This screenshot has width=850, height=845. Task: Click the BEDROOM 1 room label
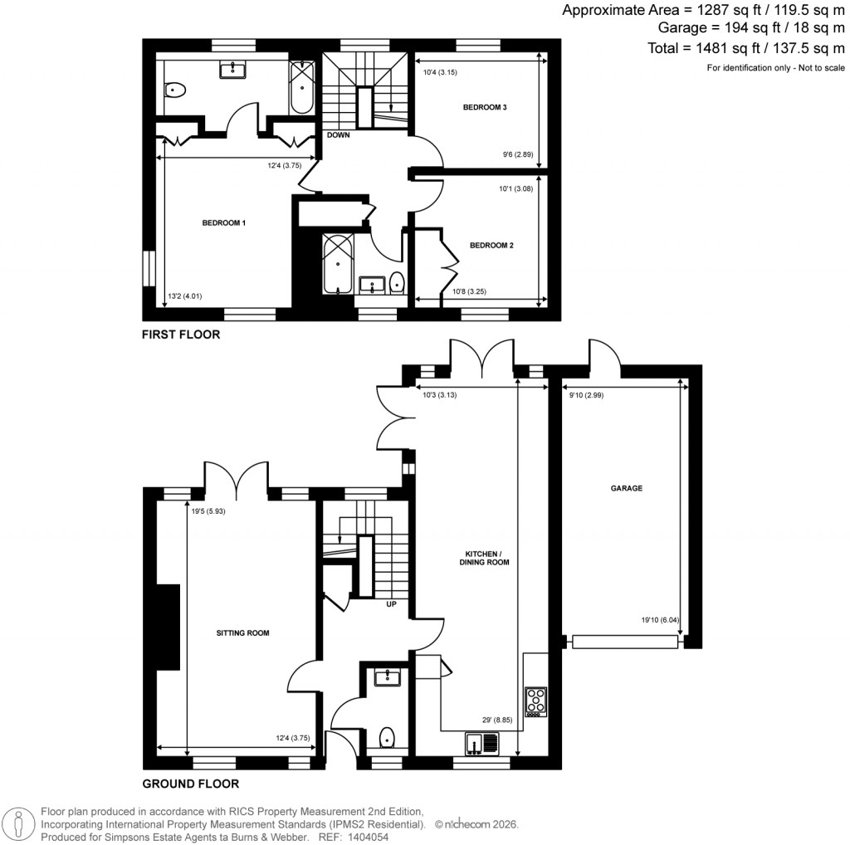[223, 222]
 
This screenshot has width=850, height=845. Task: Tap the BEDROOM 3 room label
[485, 107]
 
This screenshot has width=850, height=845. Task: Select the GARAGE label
[627, 489]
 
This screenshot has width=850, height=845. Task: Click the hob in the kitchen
[535, 701]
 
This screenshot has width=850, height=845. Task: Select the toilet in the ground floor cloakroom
[386, 737]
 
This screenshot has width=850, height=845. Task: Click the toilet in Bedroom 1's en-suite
[174, 90]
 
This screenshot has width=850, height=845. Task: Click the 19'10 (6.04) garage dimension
[659, 618]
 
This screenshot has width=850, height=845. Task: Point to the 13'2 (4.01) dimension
[184, 296]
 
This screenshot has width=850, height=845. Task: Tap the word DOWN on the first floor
[338, 134]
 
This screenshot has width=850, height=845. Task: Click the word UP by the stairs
[391, 604]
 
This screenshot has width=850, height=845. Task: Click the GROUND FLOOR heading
[191, 784]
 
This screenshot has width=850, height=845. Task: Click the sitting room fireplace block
[169, 627]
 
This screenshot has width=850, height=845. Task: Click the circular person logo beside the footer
[18, 824]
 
